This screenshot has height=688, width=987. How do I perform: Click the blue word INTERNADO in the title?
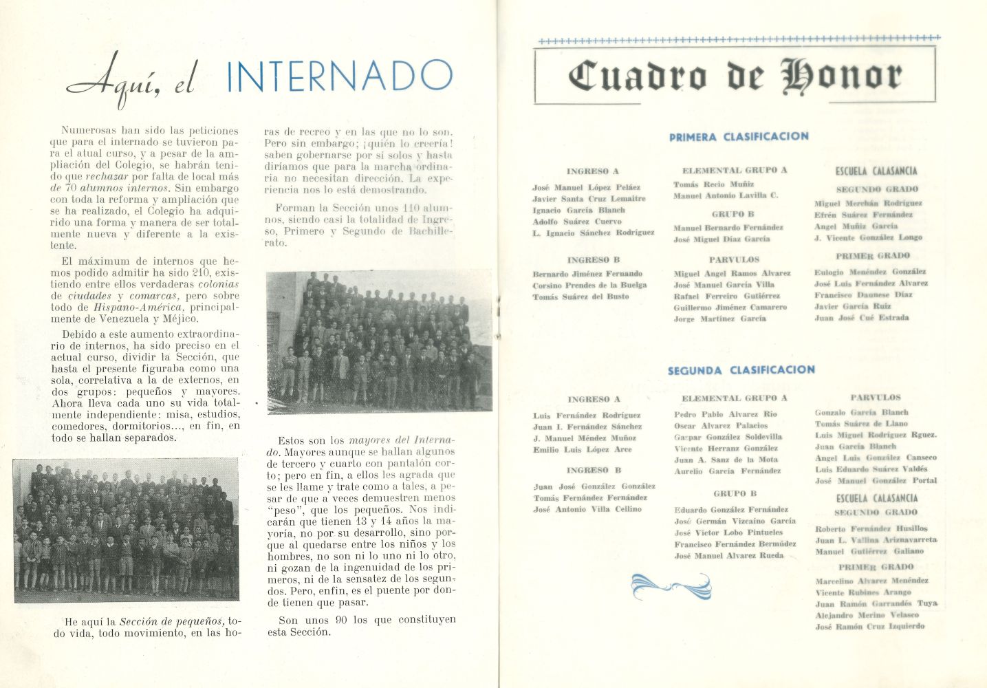coord(339,76)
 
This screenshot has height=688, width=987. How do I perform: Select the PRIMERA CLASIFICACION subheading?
coord(738,137)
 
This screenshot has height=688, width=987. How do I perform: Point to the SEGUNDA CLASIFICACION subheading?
coord(741,370)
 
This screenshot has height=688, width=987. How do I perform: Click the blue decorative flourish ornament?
coord(670,586)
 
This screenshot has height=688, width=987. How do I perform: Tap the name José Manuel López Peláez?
coord(586,187)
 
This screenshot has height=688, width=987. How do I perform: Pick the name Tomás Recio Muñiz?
coord(713,184)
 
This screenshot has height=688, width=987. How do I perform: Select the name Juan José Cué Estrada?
coord(861,318)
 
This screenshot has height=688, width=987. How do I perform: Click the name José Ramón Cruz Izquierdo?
coord(869,627)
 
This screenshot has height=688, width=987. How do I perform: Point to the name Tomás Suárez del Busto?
coord(581,297)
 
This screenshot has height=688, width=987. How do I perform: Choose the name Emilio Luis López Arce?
coord(582,449)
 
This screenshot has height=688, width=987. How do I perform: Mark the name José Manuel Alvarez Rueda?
coord(728,555)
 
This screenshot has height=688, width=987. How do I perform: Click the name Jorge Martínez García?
coord(719,319)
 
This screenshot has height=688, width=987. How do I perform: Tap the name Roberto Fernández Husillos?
coord(871,528)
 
